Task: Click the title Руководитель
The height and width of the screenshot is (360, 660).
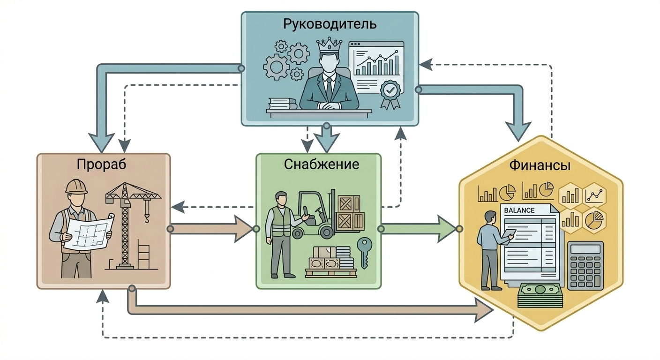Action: [x=330, y=24]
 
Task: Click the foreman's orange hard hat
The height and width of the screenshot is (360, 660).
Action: [x=76, y=186]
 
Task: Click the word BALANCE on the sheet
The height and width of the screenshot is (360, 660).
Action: [x=519, y=210]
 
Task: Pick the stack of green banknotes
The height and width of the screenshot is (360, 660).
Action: [x=540, y=295]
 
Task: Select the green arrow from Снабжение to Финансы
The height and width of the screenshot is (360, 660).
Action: [x=417, y=229]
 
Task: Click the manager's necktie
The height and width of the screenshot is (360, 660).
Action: [x=329, y=87]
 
